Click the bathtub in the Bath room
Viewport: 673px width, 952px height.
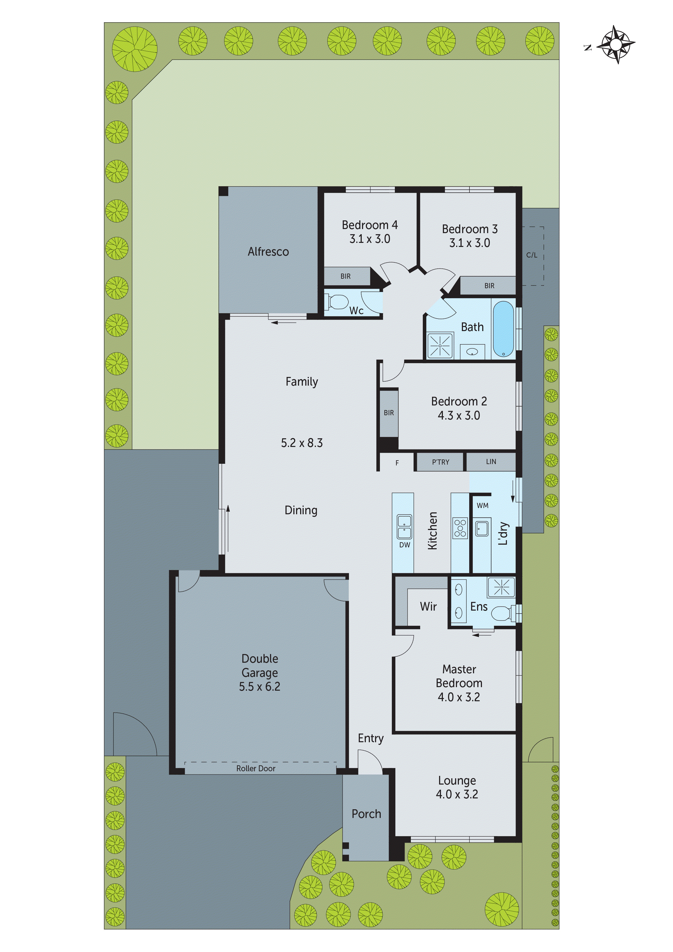click(x=503, y=329)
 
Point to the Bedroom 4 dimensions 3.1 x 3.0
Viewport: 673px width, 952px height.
click(x=369, y=239)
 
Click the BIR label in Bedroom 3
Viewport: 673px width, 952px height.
click(x=489, y=286)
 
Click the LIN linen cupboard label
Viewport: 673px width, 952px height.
click(x=491, y=462)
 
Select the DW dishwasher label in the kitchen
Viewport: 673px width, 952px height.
click(x=404, y=545)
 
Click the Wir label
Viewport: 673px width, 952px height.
click(x=428, y=607)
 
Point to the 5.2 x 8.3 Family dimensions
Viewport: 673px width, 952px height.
click(x=301, y=443)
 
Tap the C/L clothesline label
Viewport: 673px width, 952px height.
click(x=532, y=255)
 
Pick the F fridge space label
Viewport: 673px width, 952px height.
click(x=397, y=463)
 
